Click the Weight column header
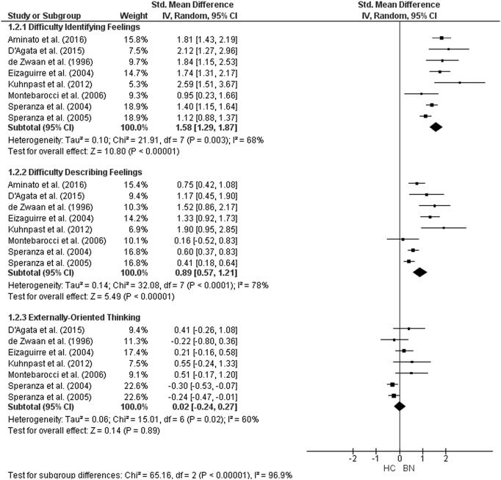tap(134, 15)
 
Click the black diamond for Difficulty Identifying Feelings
tap(436, 126)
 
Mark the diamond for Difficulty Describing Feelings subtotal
tap(419, 271)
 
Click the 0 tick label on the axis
tap(399, 458)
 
